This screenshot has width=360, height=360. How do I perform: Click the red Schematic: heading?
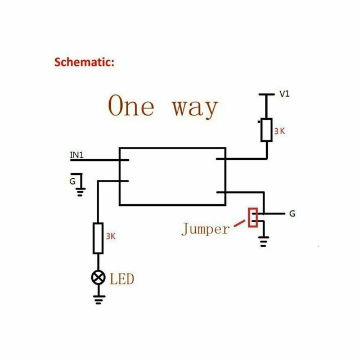point(84,61)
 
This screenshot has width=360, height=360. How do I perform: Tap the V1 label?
point(285,94)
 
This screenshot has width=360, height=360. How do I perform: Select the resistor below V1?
point(266,130)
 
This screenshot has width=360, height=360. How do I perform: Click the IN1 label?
point(77,155)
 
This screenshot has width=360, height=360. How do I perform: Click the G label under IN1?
point(72,181)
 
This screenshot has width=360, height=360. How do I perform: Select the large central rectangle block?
point(172,177)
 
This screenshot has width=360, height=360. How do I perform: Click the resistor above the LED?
point(98,238)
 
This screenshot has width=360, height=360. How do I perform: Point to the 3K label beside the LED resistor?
point(110,236)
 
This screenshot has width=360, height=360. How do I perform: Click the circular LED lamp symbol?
point(98,277)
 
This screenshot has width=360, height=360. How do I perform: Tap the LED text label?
point(122,278)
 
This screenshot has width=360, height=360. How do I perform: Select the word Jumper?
point(205,229)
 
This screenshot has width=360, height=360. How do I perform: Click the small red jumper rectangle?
point(253,218)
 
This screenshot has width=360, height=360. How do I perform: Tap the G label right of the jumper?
point(292,214)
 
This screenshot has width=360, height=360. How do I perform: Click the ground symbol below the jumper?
point(263,242)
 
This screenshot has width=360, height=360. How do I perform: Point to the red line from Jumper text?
point(241,223)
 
